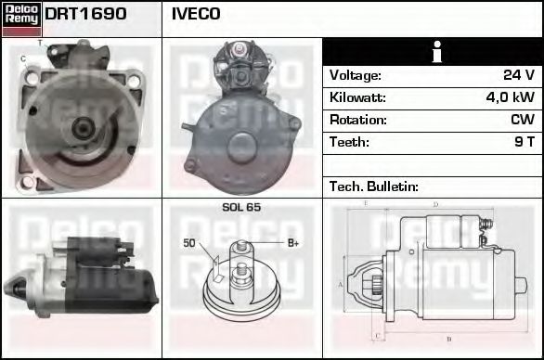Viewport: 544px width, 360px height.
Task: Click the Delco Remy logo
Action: coord(21,18)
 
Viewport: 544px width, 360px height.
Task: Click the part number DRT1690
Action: coord(85,15)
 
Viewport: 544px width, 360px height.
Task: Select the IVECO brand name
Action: coord(196,15)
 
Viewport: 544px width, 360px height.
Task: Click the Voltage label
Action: coord(356,75)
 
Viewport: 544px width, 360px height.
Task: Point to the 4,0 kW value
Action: coord(510,97)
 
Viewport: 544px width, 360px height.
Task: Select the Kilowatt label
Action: coord(357,97)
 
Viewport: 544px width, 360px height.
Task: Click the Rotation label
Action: coord(357,120)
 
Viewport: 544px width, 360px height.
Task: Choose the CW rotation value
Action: coord(522,120)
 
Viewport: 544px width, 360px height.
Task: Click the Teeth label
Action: coord(349,142)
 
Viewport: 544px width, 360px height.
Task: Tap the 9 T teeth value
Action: coord(525,142)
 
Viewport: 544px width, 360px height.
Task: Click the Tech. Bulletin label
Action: coord(374,186)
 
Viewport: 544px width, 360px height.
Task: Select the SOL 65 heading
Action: coord(241,207)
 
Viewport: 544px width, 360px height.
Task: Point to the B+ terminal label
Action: coord(293,243)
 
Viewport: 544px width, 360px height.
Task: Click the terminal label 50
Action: coord(188,243)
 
